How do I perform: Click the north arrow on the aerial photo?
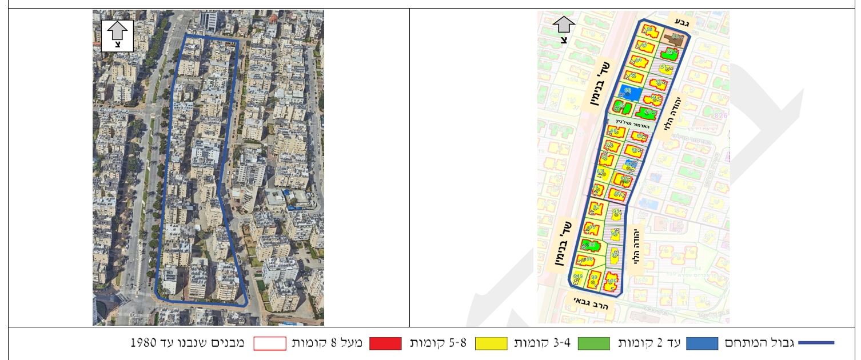click(x=117, y=35)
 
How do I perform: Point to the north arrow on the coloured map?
click(x=564, y=30)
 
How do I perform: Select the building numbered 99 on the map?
click(x=595, y=280)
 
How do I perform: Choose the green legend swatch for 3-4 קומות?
click(x=594, y=343)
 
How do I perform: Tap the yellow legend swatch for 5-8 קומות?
click(x=491, y=343)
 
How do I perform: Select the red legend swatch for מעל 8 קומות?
click(x=385, y=343)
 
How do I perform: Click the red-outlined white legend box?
click(x=269, y=343)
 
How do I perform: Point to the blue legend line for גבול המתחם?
click(x=816, y=343)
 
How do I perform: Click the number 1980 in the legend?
click(x=142, y=343)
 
